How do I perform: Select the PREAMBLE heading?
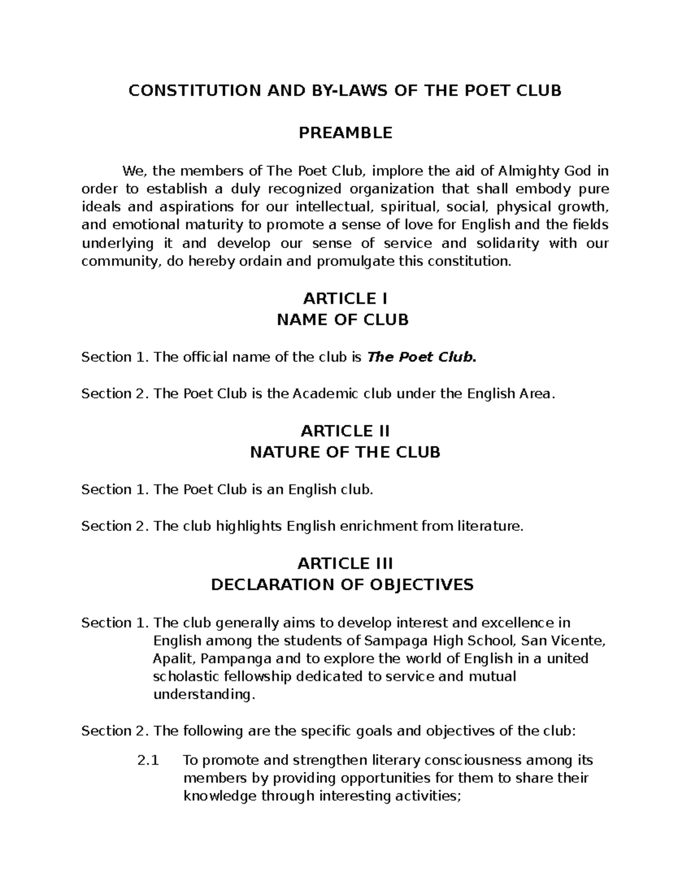pos(345,133)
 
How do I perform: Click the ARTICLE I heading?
pos(345,299)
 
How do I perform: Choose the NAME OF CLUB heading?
pos(343,320)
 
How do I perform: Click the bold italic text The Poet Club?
pos(422,357)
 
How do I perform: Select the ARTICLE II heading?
pos(345,431)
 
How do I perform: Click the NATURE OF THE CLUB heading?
pos(345,452)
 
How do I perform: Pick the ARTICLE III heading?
pos(345,564)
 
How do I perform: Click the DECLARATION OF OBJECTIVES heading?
pos(342,585)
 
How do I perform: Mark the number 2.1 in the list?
pos(148,760)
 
